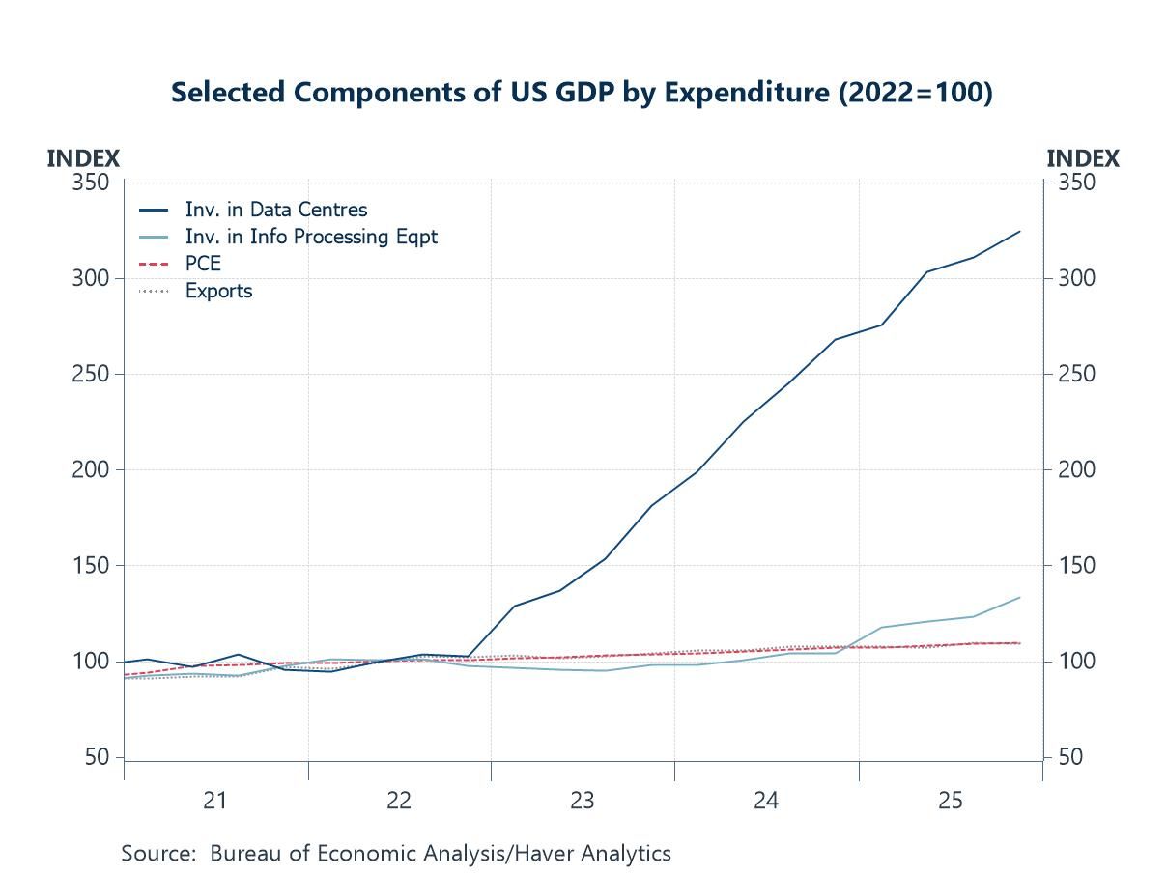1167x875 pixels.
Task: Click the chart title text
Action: coord(582,93)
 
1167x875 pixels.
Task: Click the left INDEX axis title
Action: coord(83,159)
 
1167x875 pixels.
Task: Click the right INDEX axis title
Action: coord(1083,159)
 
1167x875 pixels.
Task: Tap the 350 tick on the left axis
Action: coord(91,183)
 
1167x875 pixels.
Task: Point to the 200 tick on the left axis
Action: coord(91,470)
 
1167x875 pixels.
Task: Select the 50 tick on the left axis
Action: coord(97,758)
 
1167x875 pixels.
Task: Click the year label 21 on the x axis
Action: coord(214,801)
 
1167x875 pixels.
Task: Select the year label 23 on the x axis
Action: coord(582,801)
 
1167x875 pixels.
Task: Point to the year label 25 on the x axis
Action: coord(950,801)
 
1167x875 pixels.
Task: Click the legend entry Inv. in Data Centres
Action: coord(275,210)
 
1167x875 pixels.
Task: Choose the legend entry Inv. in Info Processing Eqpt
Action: coord(311,237)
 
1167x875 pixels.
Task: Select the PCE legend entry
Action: coord(203,264)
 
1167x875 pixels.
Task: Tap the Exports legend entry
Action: coord(218,291)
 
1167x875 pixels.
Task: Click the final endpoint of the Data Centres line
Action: coord(1020,232)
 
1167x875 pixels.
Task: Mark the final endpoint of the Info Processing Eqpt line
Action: coord(1020,598)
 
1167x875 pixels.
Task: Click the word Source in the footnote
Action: coord(158,854)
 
